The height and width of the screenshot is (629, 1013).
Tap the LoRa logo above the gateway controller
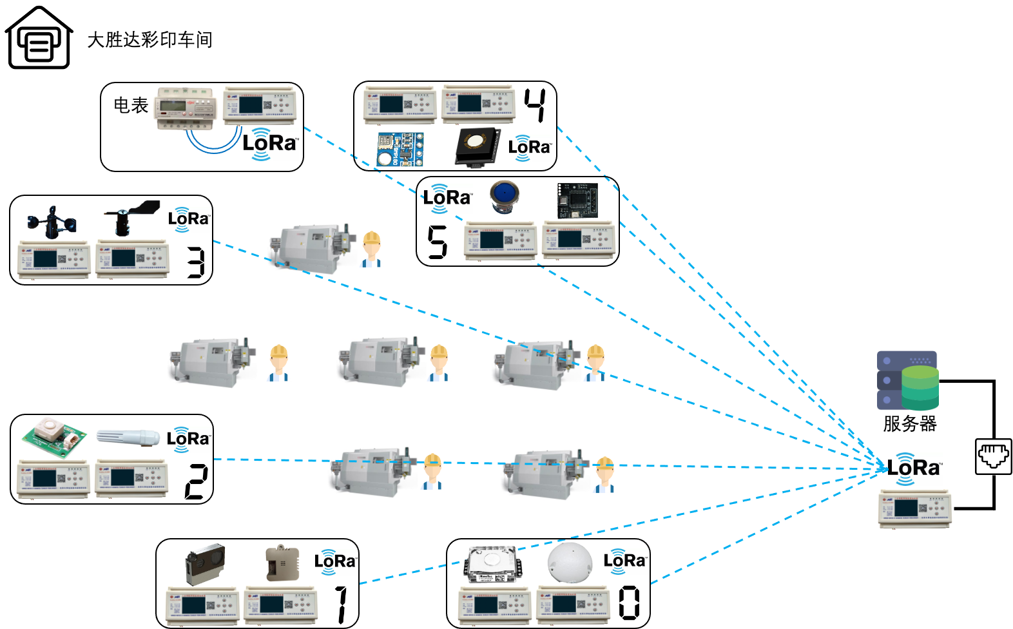point(915,469)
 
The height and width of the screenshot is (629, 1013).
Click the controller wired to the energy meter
point(260,104)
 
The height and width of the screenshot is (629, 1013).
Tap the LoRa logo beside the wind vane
point(189,220)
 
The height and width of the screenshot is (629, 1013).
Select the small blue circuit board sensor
point(400,150)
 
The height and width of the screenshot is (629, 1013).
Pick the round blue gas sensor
point(504,196)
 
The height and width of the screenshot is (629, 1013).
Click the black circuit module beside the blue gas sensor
point(577,200)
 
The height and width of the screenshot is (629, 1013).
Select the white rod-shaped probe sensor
point(128,437)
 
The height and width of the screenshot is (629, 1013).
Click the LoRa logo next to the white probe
point(189,440)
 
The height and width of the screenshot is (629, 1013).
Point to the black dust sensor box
point(205,563)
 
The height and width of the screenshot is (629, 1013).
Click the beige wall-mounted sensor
point(282,563)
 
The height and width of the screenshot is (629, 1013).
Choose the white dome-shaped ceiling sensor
point(569,562)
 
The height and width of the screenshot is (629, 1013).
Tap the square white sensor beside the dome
point(491,564)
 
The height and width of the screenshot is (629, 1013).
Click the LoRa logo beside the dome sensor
point(625,561)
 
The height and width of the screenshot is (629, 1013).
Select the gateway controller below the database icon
point(915,508)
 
